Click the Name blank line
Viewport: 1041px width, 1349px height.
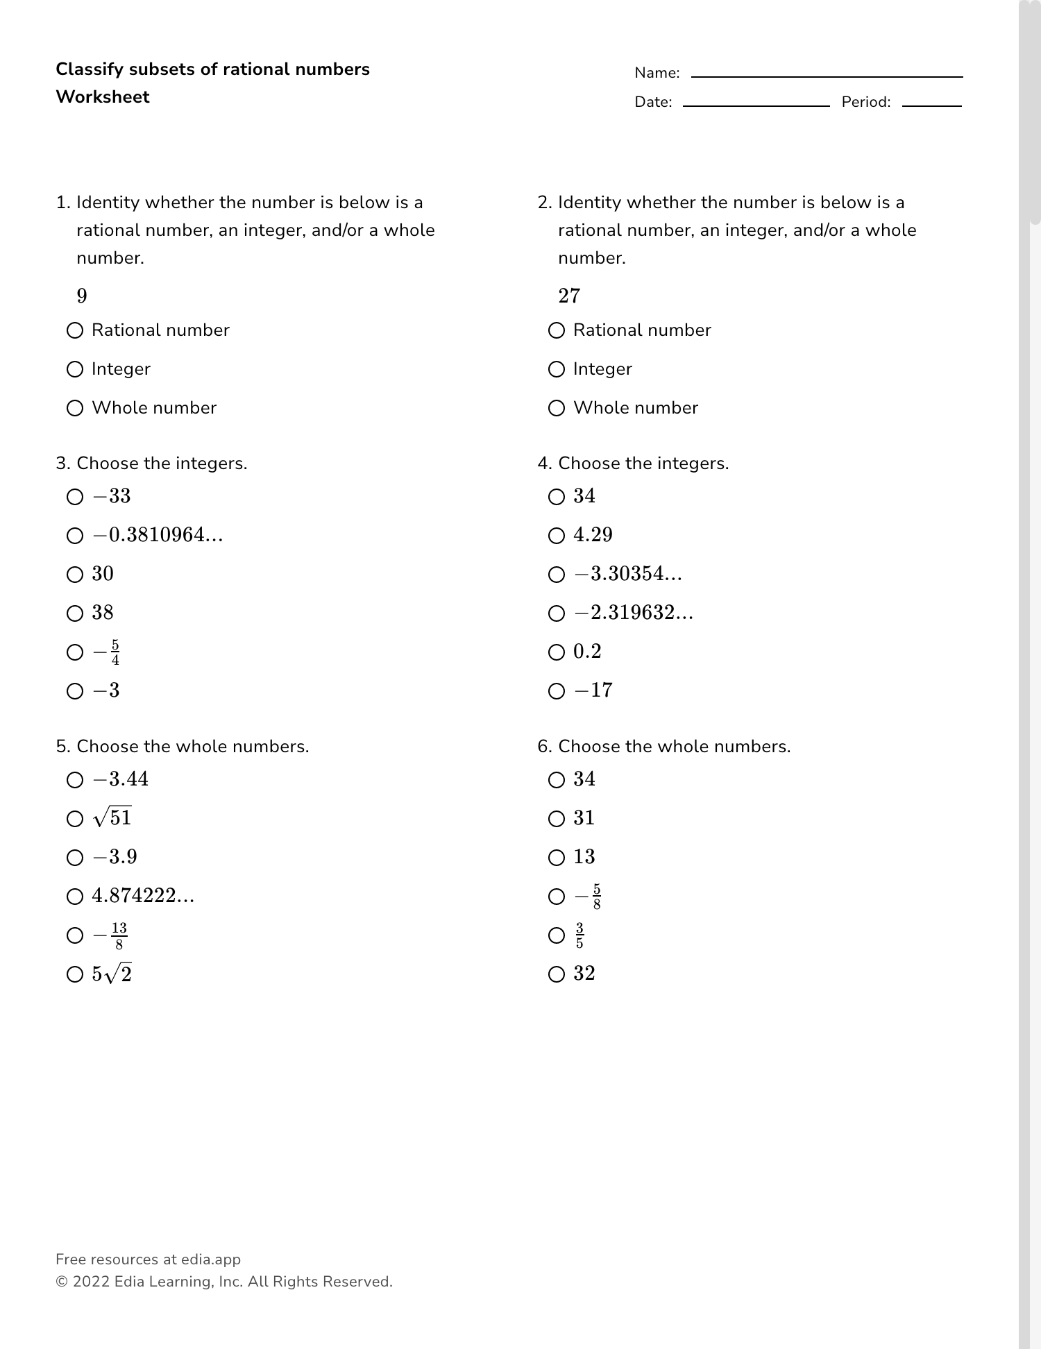click(827, 76)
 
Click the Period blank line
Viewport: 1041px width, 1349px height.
click(931, 105)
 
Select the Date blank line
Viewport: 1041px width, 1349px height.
click(756, 105)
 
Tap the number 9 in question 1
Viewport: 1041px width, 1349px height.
click(82, 296)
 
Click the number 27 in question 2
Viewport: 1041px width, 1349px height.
click(569, 296)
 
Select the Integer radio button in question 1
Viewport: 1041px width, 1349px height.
click(75, 369)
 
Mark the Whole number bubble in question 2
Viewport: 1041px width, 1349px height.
click(557, 408)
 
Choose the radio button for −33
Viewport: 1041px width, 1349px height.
click(75, 497)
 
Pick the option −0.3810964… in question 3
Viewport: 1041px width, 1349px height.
click(158, 535)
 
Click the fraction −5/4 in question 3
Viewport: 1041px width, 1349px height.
click(107, 652)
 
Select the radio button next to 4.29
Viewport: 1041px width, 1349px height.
click(557, 536)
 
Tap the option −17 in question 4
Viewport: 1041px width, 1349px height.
click(593, 690)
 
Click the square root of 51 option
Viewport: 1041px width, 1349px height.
click(112, 818)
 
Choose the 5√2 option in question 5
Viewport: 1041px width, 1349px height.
click(112, 974)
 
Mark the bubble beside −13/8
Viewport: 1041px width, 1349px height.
click(75, 935)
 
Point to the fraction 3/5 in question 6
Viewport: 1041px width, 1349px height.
click(579, 935)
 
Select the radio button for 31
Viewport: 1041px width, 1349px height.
click(557, 819)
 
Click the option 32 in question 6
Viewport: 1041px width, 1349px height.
click(584, 974)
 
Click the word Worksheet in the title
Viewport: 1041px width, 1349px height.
click(103, 97)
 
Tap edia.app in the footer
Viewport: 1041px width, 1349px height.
click(211, 1259)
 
